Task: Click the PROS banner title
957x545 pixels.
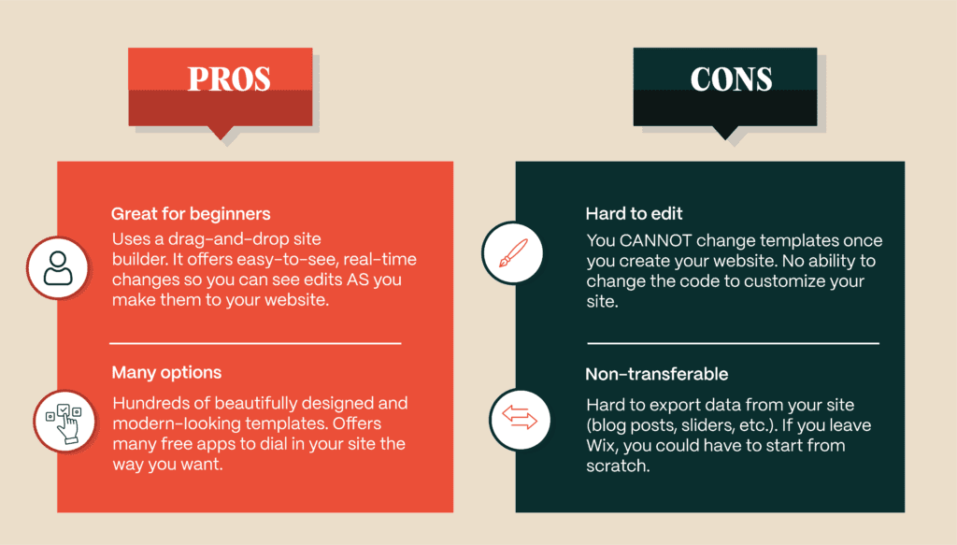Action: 229,79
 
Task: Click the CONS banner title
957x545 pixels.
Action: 731,79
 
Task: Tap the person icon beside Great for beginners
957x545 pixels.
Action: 58,268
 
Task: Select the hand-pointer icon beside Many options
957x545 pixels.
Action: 64,421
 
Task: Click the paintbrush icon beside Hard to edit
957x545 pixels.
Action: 513,252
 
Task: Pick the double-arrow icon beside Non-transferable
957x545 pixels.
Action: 520,420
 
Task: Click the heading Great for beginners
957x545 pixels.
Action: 191,213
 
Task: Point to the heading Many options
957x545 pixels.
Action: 166,372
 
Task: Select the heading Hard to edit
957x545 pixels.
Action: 634,213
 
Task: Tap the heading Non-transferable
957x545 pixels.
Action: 657,374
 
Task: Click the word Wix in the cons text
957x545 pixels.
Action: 601,446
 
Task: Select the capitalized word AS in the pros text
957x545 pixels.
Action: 358,280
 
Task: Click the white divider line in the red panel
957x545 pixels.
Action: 255,344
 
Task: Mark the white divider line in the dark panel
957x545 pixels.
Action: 733,344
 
